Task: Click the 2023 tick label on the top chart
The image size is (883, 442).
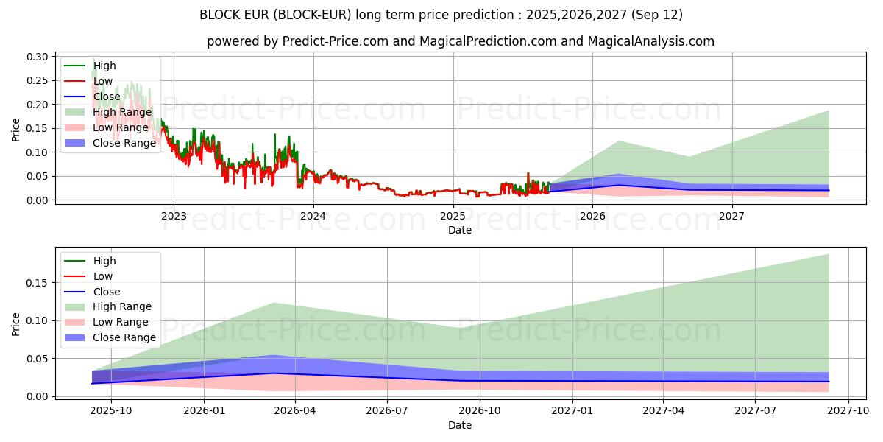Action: click(174, 216)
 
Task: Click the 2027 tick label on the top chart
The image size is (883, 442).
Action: click(731, 216)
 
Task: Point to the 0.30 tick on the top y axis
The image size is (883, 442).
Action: click(38, 57)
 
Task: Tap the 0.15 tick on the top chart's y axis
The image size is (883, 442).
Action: click(38, 129)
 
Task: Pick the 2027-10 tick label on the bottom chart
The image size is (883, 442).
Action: click(849, 411)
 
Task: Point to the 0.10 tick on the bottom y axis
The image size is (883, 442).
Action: click(38, 320)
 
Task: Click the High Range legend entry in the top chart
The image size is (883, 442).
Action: click(122, 112)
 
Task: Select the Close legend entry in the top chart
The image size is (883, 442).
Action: click(106, 97)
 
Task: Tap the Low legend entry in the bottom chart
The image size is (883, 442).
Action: click(103, 276)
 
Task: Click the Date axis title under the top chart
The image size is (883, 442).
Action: click(460, 230)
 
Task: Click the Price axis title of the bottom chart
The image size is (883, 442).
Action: click(16, 324)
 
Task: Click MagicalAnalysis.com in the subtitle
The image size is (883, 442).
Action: click(650, 41)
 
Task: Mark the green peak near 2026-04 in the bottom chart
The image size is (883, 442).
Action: click(274, 303)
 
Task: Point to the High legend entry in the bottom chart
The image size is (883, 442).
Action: click(104, 261)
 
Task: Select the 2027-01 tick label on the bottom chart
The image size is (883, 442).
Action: click(572, 411)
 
